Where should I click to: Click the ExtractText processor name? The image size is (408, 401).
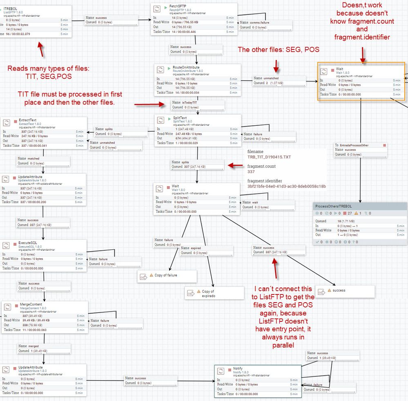click(x=27, y=120)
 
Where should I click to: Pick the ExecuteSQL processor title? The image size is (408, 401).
click(x=27, y=243)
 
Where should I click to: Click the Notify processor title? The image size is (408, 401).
click(x=238, y=368)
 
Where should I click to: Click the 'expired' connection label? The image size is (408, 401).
click(x=196, y=248)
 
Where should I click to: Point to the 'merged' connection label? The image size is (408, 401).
click(x=33, y=346)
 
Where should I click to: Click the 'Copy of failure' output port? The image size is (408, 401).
click(x=165, y=275)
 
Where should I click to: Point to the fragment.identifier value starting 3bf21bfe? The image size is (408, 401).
click(x=286, y=186)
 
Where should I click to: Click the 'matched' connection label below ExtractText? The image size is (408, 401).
click(x=33, y=158)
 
